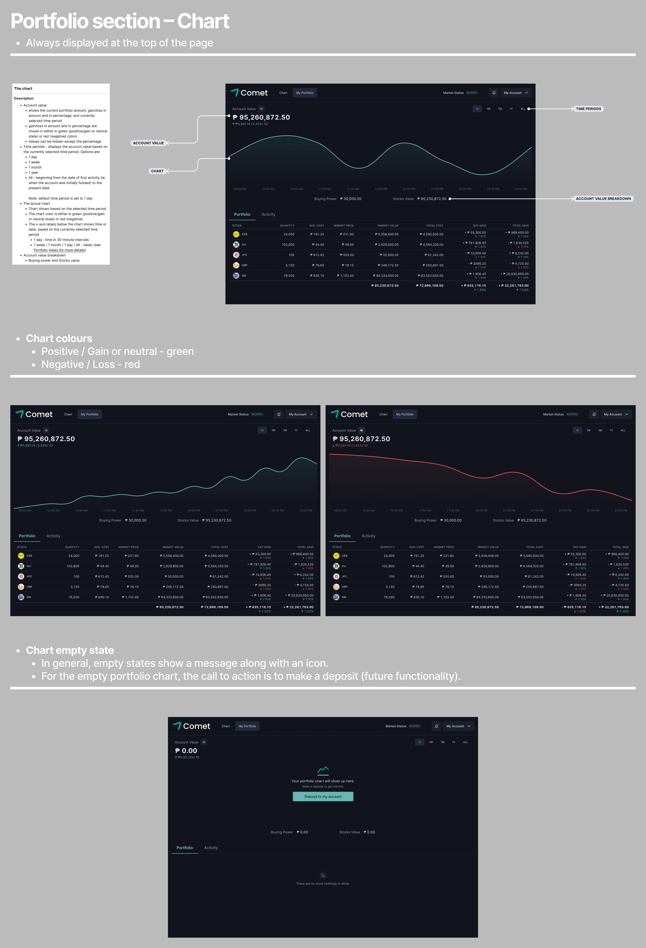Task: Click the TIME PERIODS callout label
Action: (588, 109)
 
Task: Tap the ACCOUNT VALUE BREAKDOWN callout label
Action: (603, 199)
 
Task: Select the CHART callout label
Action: (157, 171)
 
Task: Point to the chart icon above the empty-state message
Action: (323, 770)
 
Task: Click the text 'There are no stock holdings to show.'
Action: (323, 884)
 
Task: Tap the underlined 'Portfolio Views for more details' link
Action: (59, 250)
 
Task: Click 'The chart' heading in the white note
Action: (23, 89)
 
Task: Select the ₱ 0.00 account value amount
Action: (186, 751)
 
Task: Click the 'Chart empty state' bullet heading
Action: (70, 650)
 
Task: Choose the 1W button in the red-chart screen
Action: (589, 430)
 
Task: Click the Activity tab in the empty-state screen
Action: (211, 848)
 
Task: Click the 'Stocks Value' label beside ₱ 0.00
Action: (349, 832)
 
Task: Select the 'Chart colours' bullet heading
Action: (59, 339)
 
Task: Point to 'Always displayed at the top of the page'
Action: (120, 43)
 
